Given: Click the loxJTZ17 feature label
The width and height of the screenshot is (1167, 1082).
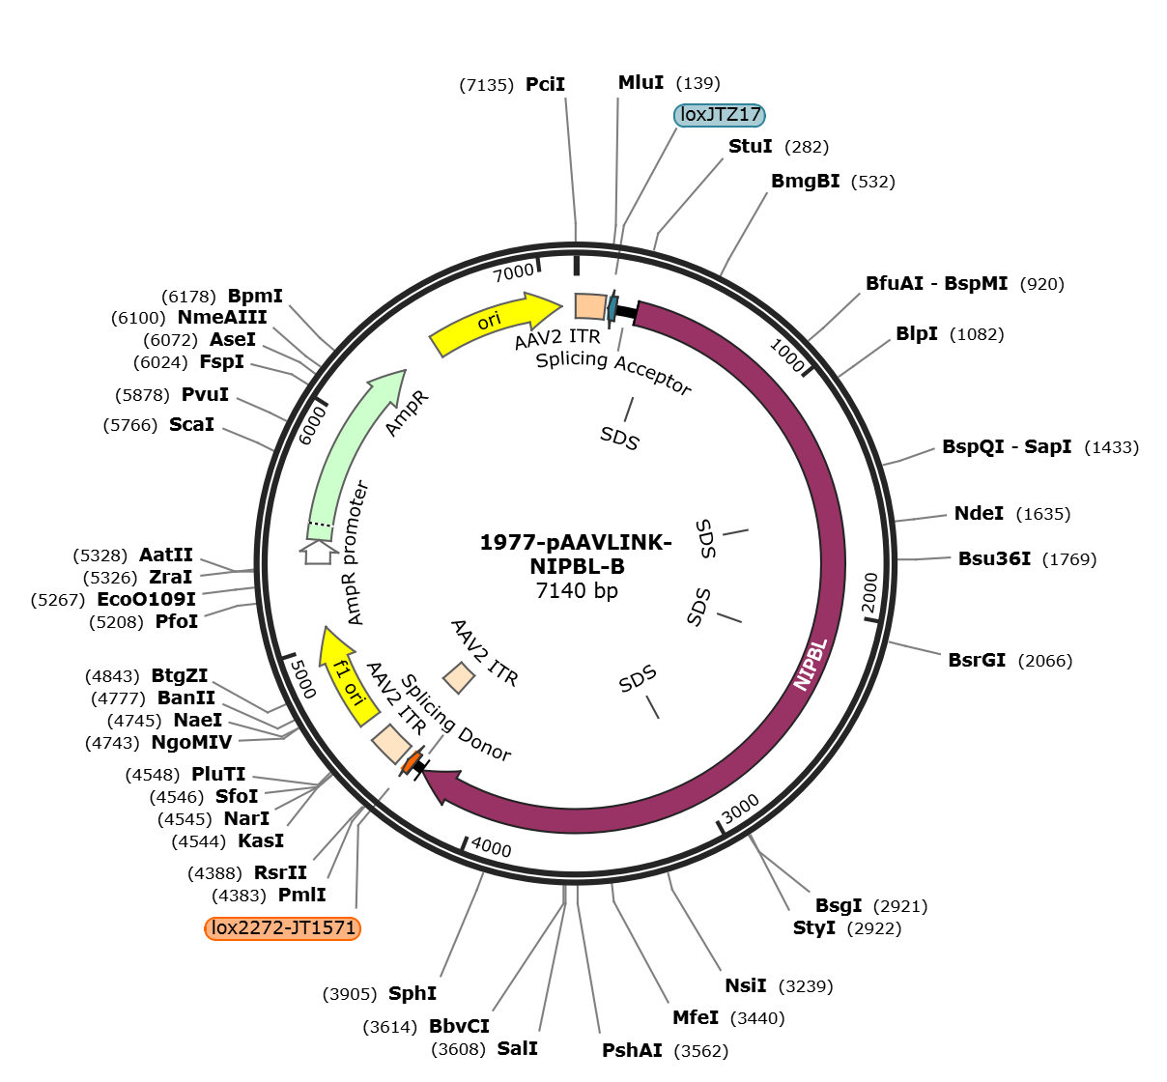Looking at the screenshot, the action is coord(720,115).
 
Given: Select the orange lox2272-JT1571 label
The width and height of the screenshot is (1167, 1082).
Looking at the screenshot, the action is coord(283,928).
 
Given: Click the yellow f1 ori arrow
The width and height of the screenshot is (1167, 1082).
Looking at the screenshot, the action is coord(347,676).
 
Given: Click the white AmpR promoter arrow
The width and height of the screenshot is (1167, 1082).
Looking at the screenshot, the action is coord(319,553).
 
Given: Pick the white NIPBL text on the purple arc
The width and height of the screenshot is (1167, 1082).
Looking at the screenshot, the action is coord(811,664).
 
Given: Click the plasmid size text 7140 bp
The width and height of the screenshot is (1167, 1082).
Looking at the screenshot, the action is coord(577,590).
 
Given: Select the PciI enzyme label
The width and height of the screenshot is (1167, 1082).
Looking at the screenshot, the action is coord(545,84).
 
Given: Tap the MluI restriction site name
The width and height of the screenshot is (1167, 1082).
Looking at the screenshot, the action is coord(640,82).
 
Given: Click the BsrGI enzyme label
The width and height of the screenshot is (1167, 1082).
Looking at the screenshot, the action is coord(977,660).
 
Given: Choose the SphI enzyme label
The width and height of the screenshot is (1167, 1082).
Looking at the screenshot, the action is coord(413,993).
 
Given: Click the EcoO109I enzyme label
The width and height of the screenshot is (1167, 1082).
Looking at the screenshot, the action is coord(146,599).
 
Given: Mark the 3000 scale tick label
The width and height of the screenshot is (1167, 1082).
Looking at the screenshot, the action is coord(741,809).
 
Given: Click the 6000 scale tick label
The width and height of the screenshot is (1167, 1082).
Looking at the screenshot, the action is coord(312,425).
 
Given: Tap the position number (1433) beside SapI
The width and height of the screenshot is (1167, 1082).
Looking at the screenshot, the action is coord(1111,447).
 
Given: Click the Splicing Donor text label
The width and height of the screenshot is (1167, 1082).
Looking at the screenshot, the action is coord(455,718).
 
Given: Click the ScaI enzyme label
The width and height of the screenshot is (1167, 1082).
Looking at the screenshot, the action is coord(191,424).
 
